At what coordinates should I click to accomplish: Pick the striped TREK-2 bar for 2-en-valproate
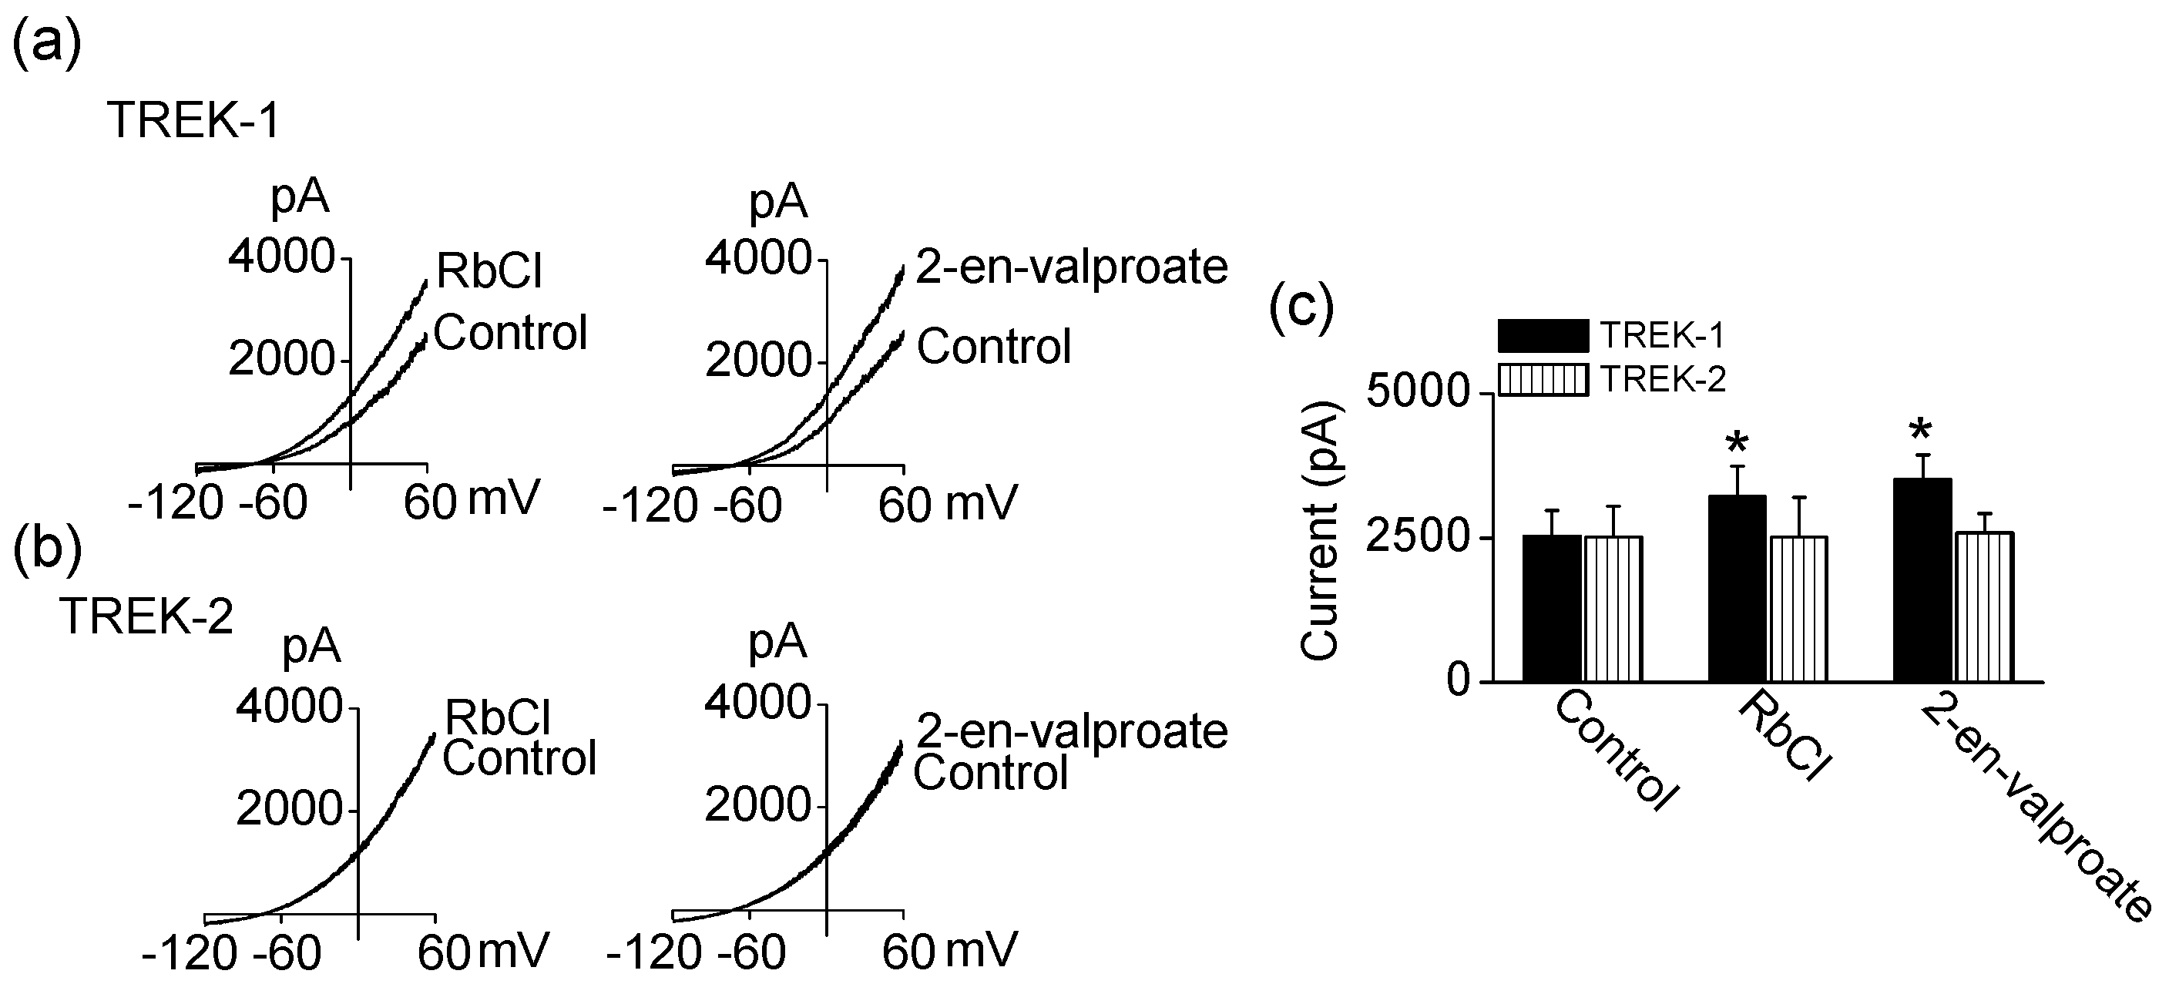pos(1984,606)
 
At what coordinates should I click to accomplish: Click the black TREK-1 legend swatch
pos(1543,336)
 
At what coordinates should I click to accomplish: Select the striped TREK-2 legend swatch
pos(1543,380)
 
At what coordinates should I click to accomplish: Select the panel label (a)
pos(46,42)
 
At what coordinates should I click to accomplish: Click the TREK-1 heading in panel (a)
pos(193,120)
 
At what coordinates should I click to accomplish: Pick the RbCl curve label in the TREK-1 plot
pos(489,271)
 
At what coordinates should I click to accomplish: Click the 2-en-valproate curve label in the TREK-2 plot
pos(1071,730)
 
